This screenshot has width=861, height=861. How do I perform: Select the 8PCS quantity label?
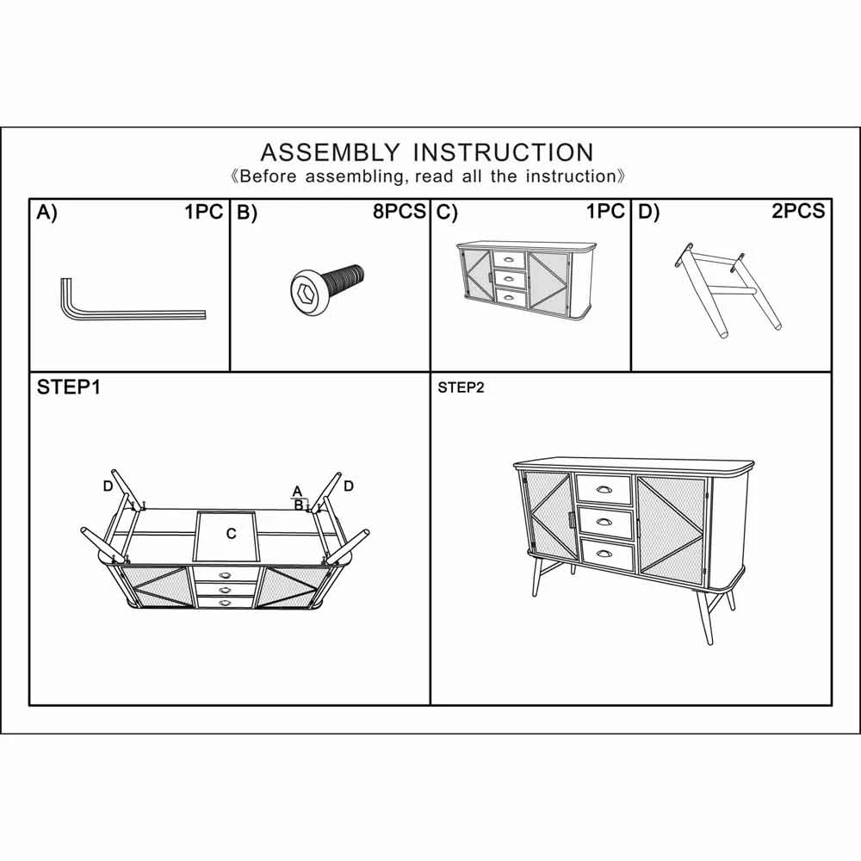pos(400,212)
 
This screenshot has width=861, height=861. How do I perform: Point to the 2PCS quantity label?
pos(798,212)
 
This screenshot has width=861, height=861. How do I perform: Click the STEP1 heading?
pos(69,387)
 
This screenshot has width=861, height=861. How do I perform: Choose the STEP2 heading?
pos(461,387)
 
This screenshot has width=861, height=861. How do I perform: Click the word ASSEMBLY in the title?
pos(330,152)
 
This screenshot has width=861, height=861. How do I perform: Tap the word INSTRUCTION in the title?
pos(503,152)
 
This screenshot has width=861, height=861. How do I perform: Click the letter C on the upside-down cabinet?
pos(231,533)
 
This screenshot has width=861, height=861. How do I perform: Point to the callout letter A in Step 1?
pos(297,492)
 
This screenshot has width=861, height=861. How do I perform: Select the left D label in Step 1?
pos(108,486)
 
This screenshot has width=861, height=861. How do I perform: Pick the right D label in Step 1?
pos(349,486)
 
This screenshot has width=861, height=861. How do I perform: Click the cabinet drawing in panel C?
pos(527,280)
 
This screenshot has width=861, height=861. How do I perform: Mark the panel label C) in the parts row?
pos(447,213)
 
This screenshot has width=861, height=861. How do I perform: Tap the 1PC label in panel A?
pos(204,212)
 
